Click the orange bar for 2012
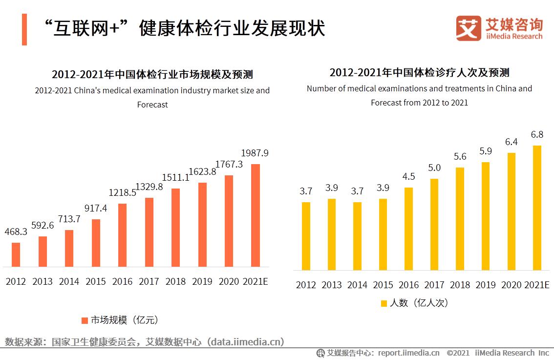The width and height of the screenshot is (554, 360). point(16,254)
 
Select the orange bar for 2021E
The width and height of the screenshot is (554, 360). point(255,215)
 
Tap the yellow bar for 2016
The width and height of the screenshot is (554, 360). point(408,229)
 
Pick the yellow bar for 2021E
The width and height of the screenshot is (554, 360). point(537,208)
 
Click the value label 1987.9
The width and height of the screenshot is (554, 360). point(255,153)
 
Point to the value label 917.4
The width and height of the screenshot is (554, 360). point(95,209)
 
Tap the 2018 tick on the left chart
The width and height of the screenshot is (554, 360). point(175,282)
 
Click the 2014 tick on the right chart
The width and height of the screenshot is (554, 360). point(357,285)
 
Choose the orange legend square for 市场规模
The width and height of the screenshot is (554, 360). point(84,320)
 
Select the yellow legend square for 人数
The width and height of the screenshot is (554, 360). point(384,303)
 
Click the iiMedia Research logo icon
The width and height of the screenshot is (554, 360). point(468,28)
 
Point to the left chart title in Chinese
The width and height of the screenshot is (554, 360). point(152,75)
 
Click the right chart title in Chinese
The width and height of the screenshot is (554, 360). point(419,73)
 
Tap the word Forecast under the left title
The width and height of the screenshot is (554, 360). point(152,105)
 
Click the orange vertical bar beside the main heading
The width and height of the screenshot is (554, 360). point(24,29)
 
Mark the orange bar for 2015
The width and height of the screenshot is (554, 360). point(96,243)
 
